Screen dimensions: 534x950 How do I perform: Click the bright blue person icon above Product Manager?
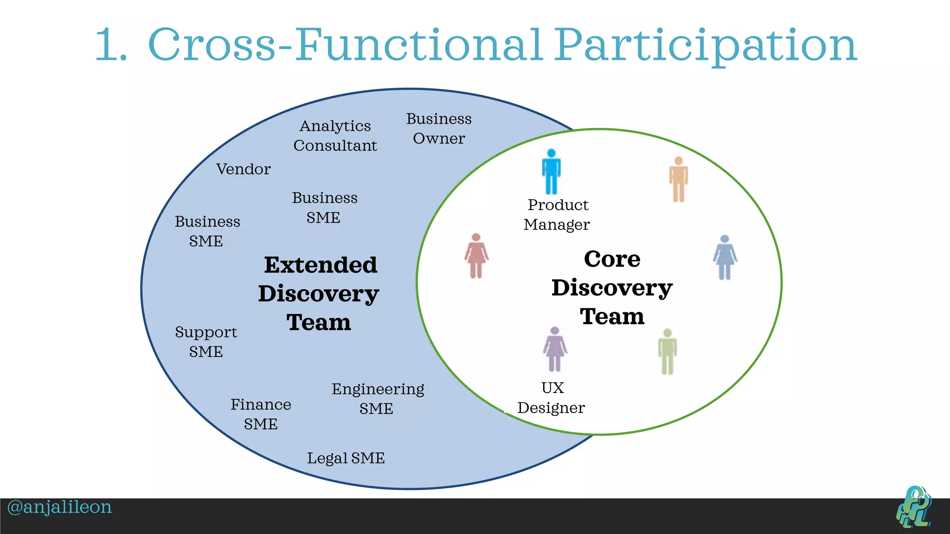point(551,172)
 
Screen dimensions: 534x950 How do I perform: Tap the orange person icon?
point(678,179)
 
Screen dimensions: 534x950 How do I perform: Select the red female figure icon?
point(476,256)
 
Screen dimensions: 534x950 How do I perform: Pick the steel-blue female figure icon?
point(725,258)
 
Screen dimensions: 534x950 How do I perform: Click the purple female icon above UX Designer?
point(555,349)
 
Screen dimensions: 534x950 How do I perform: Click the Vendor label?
point(243,169)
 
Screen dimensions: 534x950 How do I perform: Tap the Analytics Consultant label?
point(335,136)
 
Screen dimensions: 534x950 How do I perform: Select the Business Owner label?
point(439,128)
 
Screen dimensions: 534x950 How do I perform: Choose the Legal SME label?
point(346,458)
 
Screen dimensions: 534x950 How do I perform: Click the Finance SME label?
point(261,414)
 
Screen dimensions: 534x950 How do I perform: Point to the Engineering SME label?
point(378,399)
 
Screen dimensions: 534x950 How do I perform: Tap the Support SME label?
point(206,342)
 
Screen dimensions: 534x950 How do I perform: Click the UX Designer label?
point(551,398)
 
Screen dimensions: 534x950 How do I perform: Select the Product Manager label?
point(557,215)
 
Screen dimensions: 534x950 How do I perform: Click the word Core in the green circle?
point(612,259)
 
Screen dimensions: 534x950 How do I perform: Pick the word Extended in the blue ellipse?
point(321,265)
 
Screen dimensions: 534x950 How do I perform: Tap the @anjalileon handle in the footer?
point(60,507)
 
